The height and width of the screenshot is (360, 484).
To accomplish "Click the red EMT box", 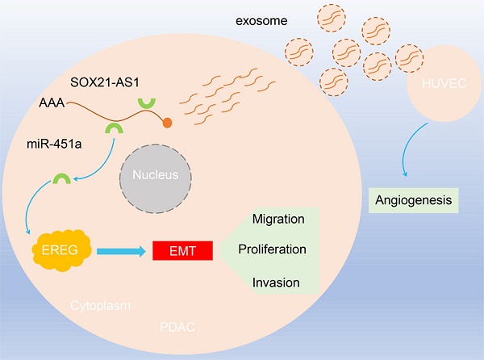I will click(182, 251).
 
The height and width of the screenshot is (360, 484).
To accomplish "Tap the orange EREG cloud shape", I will click(63, 250).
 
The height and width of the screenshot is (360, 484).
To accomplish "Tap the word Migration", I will click(277, 219).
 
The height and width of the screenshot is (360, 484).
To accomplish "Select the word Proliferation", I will click(272, 249).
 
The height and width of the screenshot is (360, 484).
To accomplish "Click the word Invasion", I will click(276, 282).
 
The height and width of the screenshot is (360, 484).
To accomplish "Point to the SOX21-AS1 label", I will click(117, 84).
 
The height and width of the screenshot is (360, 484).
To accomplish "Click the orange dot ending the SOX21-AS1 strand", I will click(167, 123).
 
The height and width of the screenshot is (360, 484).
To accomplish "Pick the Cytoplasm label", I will click(100, 306).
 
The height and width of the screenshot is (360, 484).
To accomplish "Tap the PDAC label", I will click(177, 328).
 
